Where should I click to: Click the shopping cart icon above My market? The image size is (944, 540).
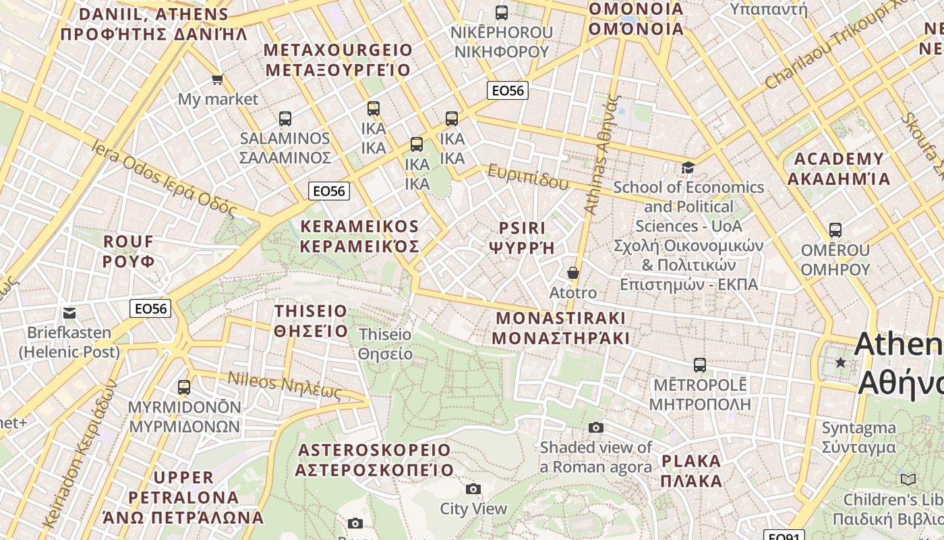(x=217, y=80)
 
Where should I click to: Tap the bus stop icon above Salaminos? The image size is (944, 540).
(x=285, y=119)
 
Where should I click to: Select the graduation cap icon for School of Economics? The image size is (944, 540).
(x=688, y=167)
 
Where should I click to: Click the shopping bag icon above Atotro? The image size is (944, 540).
(x=572, y=273)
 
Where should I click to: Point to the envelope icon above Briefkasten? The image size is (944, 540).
(x=69, y=313)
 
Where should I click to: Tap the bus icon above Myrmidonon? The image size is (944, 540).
(x=184, y=387)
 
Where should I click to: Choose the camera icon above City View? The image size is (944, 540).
(x=473, y=489)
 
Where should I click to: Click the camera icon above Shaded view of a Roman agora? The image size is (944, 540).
(x=596, y=427)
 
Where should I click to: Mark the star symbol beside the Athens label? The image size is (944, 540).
(x=840, y=362)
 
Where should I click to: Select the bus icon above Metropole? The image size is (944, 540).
(x=700, y=365)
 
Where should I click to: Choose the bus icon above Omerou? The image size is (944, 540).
(x=835, y=230)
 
